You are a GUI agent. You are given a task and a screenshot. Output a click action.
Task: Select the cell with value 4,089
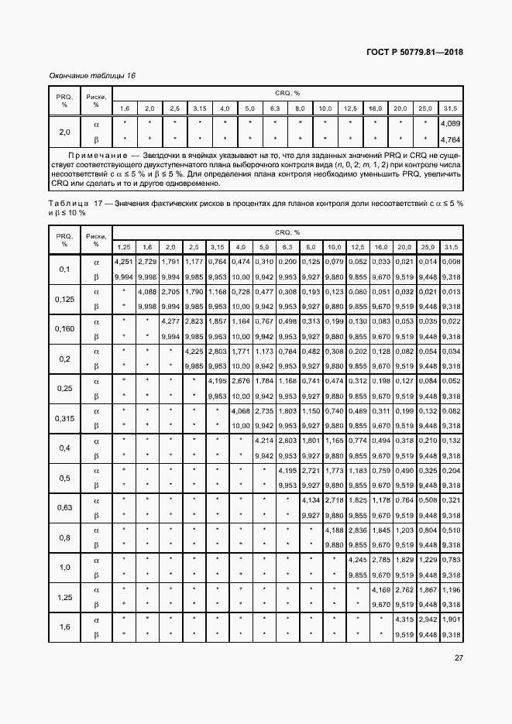pyautogui.click(x=450, y=123)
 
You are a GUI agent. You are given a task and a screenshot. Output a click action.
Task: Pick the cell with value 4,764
pyautogui.click(x=450, y=140)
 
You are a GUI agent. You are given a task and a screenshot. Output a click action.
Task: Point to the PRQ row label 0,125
pyautogui.click(x=65, y=298)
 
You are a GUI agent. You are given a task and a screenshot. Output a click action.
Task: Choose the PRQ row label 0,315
pyautogui.click(x=65, y=418)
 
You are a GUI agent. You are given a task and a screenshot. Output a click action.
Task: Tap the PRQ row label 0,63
pyautogui.click(x=65, y=508)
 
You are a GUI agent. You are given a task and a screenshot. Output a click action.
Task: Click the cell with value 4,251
pyautogui.click(x=124, y=262)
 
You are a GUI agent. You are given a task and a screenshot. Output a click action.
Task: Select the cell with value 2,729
pyautogui.click(x=148, y=262)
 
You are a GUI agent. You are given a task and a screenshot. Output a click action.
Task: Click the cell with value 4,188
pyautogui.click(x=334, y=530)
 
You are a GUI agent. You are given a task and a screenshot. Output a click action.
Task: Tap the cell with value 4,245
pyautogui.click(x=357, y=559)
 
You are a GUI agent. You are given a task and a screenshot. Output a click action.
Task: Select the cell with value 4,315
pyautogui.click(x=404, y=619)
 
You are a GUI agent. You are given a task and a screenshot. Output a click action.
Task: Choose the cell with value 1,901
pyautogui.click(x=450, y=619)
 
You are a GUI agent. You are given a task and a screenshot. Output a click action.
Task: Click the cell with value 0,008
pyautogui.click(x=450, y=262)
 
